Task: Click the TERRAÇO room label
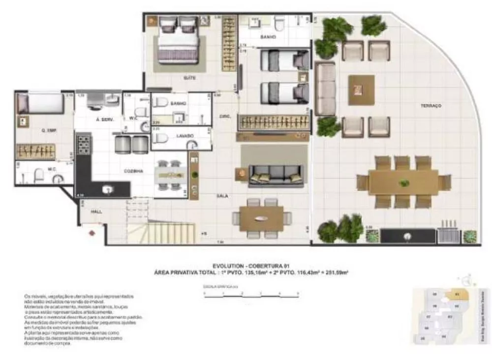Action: coord(430,106)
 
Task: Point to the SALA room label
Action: coord(222,195)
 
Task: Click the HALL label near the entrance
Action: coord(96,211)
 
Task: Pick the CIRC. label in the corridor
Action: coord(224,116)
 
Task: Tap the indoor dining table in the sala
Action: coord(261,218)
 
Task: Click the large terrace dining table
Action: coord(403,182)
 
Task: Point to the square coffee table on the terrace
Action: coord(361,90)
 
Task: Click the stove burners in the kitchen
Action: coord(84,145)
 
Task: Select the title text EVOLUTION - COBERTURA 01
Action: coord(250,266)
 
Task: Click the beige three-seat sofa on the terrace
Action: coord(325,89)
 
